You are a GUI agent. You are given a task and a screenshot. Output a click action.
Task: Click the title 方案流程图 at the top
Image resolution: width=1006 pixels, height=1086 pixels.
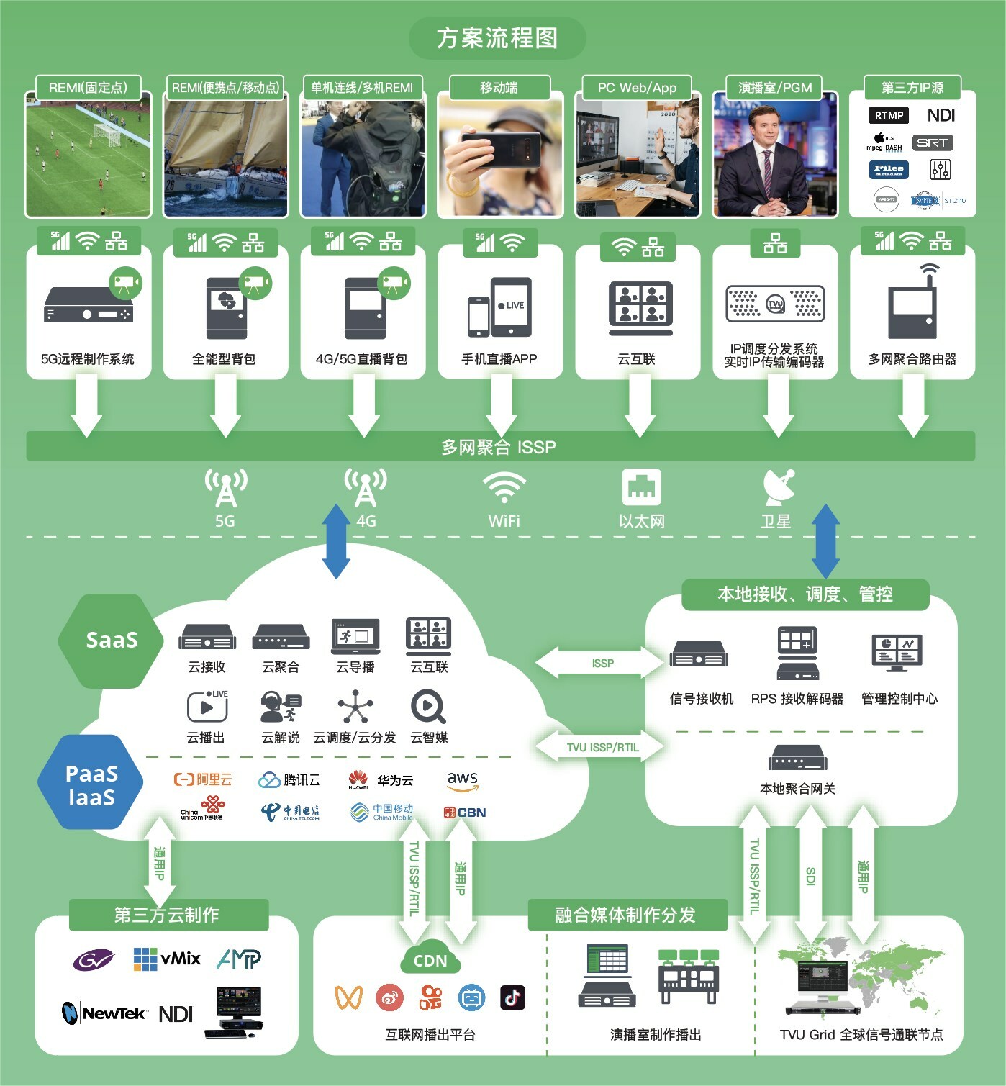pyautogui.click(x=497, y=38)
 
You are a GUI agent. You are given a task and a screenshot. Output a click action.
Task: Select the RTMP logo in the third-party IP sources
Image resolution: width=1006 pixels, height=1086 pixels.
pyautogui.click(x=889, y=115)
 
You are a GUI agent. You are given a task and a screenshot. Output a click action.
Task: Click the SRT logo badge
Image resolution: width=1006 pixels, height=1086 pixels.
pyautogui.click(x=933, y=142)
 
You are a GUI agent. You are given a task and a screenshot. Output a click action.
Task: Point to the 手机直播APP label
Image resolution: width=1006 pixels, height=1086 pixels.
pyautogui.click(x=499, y=359)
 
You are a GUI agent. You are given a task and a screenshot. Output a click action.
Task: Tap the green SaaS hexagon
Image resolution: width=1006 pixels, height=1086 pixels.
pyautogui.click(x=111, y=640)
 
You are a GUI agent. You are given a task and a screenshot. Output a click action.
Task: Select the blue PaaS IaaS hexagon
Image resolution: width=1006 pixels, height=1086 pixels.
pyautogui.click(x=91, y=784)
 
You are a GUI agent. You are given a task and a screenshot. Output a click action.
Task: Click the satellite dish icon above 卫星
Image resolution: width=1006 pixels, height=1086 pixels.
pyautogui.click(x=779, y=487)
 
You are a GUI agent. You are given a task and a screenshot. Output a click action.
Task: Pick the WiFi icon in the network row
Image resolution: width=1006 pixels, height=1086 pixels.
pyautogui.click(x=504, y=487)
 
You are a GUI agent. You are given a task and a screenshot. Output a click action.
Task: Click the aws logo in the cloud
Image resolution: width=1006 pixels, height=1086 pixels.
pyautogui.click(x=462, y=780)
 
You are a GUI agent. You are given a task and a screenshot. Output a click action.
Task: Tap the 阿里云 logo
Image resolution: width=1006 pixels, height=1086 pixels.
pyautogui.click(x=204, y=779)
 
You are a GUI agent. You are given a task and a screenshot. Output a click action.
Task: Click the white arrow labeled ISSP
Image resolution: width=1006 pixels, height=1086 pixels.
pyautogui.click(x=602, y=663)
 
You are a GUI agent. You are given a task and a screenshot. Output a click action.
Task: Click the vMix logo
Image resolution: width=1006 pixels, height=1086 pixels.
pyautogui.click(x=168, y=959)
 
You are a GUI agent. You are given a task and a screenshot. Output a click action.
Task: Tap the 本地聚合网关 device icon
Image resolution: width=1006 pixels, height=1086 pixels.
pyautogui.click(x=797, y=759)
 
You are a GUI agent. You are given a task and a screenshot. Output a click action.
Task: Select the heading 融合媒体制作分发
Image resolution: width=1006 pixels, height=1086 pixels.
pyautogui.click(x=625, y=915)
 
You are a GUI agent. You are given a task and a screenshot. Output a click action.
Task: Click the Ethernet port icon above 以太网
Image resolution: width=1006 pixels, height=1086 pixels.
pyautogui.click(x=641, y=487)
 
